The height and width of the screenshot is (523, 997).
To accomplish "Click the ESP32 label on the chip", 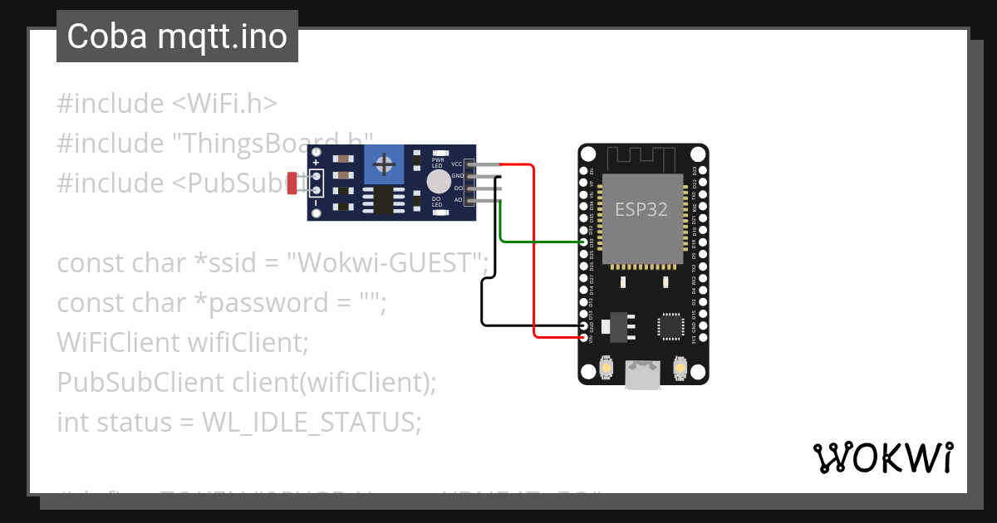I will [x=641, y=209].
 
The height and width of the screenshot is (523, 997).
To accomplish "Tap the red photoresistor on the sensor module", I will [x=292, y=183].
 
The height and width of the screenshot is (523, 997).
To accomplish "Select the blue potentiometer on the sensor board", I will [x=384, y=164].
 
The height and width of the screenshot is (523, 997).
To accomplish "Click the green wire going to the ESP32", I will [x=540, y=242].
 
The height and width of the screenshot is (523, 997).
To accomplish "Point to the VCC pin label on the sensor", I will [x=456, y=164].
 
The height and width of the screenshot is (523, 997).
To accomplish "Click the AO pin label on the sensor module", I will [x=458, y=200].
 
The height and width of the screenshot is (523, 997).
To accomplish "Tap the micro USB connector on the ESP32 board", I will [x=643, y=374].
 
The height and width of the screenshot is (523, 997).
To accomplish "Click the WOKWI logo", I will [x=882, y=457].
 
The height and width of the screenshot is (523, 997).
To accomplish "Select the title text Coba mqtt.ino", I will [x=177, y=37].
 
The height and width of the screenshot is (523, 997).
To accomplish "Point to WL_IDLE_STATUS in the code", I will [x=312, y=423].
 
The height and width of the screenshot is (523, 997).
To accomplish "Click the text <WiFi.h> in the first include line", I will [x=224, y=104].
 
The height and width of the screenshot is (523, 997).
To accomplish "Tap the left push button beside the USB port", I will [x=607, y=368].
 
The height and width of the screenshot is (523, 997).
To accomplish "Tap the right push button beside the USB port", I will [x=680, y=368].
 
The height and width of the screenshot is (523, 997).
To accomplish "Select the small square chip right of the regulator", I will [x=670, y=325].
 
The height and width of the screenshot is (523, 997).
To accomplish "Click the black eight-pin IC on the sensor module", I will [x=383, y=200].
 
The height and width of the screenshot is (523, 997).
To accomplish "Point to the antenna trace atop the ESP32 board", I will [x=643, y=157].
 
